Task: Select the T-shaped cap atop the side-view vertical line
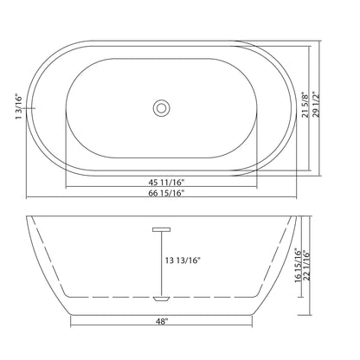coord(161,228)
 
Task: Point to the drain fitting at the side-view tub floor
coord(161,297)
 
